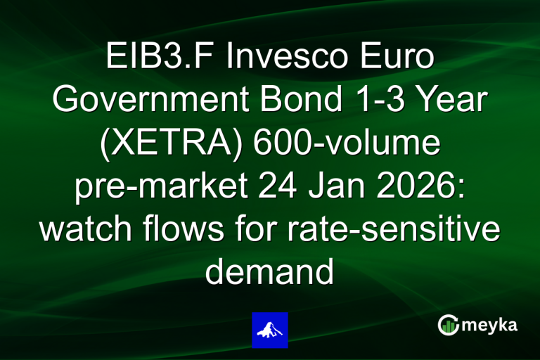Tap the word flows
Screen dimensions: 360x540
pyautogui.click(x=188, y=230)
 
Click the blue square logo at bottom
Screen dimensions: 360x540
pyautogui.click(x=270, y=330)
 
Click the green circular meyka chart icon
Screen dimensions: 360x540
pyautogui.click(x=448, y=325)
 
